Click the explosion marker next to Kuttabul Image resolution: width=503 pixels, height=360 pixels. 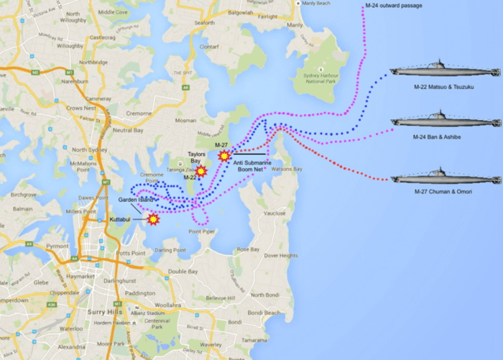153,218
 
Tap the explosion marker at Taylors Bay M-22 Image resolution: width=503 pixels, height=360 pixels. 201,171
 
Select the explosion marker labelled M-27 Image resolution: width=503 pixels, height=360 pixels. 225,154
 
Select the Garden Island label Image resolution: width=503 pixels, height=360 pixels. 137,199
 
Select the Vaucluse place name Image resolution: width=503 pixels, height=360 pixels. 274,213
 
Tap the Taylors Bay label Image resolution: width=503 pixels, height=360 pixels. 198,158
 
